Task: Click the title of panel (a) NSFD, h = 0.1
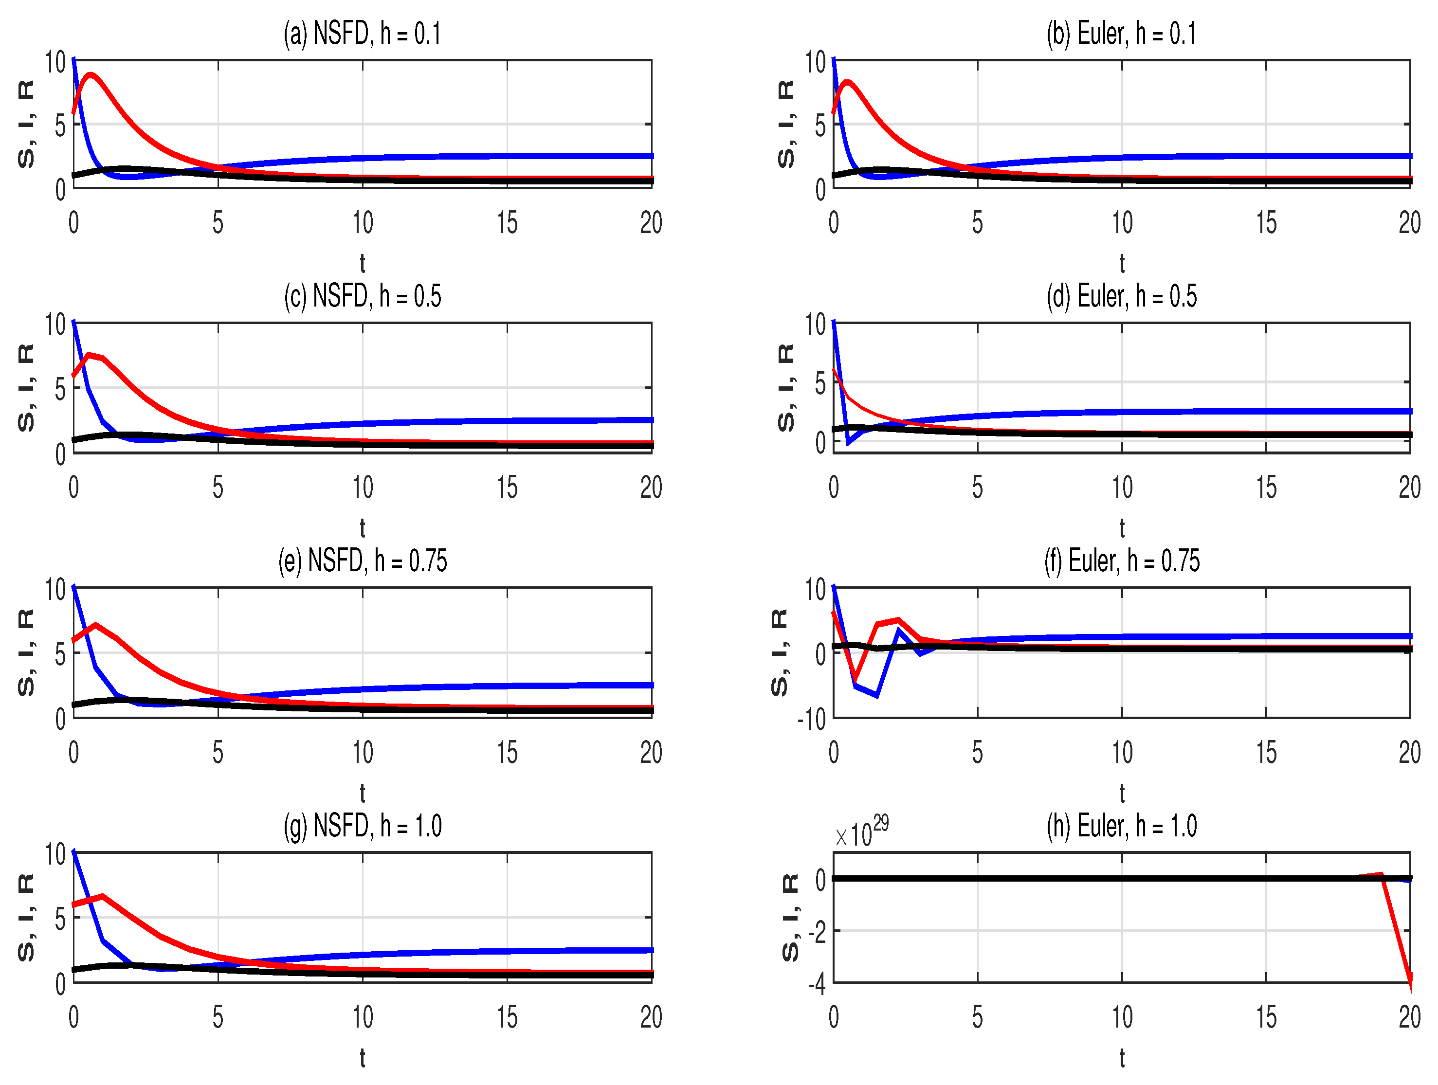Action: [362, 33]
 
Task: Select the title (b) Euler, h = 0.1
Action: [1121, 33]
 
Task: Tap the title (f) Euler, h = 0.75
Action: [1121, 561]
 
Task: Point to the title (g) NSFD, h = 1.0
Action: [362, 826]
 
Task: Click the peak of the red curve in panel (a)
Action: [91, 75]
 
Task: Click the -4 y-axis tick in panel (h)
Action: [817, 984]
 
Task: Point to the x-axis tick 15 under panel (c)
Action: [507, 488]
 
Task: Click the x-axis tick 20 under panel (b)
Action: [1409, 223]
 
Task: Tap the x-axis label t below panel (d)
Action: [1121, 528]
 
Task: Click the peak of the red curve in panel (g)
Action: [102, 897]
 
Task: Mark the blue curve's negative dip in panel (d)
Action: [848, 443]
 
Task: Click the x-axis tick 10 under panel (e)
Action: [362, 752]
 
